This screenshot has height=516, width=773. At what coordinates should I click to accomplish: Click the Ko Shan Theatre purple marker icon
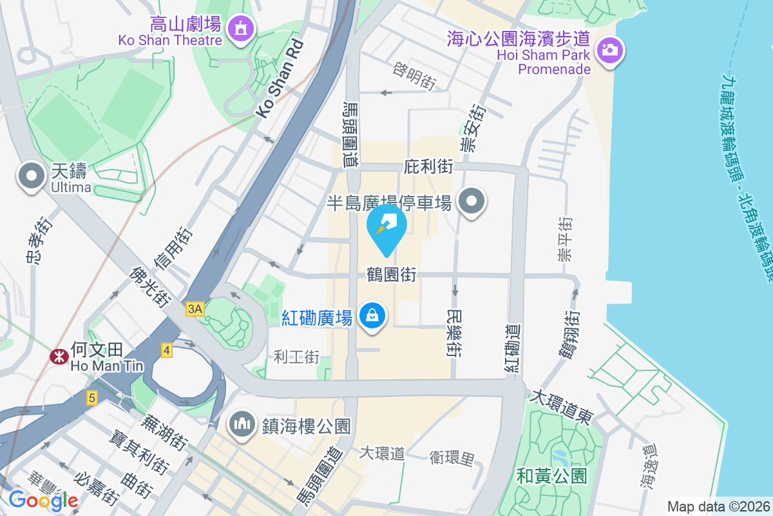241,28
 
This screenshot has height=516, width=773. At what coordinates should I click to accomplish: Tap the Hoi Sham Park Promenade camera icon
609,49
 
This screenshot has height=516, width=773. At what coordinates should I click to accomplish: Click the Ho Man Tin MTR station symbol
59,355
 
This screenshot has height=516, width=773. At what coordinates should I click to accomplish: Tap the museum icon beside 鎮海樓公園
242,424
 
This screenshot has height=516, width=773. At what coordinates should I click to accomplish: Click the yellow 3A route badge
195,309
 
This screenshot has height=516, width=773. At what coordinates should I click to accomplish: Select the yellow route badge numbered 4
167,351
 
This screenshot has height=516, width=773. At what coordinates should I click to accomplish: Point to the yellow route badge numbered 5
92,398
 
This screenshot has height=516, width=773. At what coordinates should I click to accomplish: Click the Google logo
43,500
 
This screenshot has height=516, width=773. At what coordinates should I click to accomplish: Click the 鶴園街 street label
390,275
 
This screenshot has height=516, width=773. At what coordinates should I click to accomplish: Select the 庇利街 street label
428,167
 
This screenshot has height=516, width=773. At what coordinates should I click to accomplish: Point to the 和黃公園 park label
552,477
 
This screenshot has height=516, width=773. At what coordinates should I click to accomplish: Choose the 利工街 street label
297,356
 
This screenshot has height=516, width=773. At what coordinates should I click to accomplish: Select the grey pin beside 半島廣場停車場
472,202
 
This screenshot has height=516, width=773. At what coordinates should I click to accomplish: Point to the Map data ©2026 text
718,506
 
